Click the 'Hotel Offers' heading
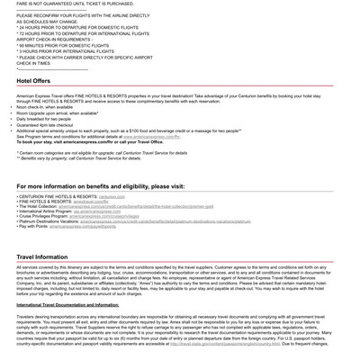coord(33,80)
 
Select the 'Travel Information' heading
coord(41,256)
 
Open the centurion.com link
coord(112,196)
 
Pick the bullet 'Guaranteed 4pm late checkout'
coord(50,124)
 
